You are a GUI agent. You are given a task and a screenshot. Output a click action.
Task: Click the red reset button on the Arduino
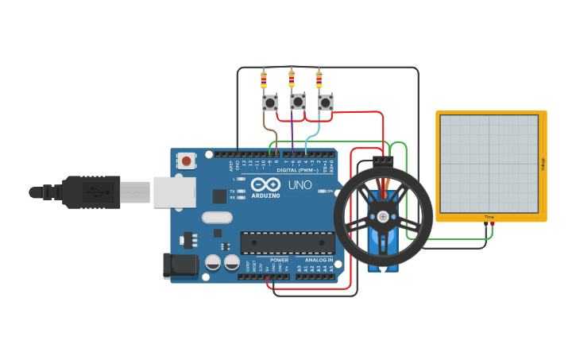coord(186,161)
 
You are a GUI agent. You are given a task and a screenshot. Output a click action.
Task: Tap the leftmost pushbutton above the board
coord(270,103)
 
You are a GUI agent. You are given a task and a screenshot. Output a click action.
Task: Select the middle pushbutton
coord(298,102)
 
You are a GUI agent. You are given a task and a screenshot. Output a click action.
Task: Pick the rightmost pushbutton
coord(325,103)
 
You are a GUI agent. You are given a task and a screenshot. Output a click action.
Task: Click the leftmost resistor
coord(264,80)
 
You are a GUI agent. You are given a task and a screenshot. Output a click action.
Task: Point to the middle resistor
coord(292,79)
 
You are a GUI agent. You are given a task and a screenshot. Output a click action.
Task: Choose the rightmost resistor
coord(319,80)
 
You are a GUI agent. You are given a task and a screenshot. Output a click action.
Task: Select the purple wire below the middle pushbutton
coord(292,131)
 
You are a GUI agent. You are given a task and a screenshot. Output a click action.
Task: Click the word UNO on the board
coord(300,184)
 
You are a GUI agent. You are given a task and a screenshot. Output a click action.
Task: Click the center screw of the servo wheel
coord(383,216)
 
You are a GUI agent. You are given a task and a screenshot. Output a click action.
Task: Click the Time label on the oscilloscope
coord(489,217)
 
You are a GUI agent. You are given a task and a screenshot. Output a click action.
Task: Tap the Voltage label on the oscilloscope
coord(543,165)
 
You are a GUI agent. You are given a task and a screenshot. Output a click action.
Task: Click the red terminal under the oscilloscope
coord(493,225)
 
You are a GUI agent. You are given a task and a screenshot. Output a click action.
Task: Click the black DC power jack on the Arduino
coord(180,266)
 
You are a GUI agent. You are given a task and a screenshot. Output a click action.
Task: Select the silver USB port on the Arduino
coord(174,192)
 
